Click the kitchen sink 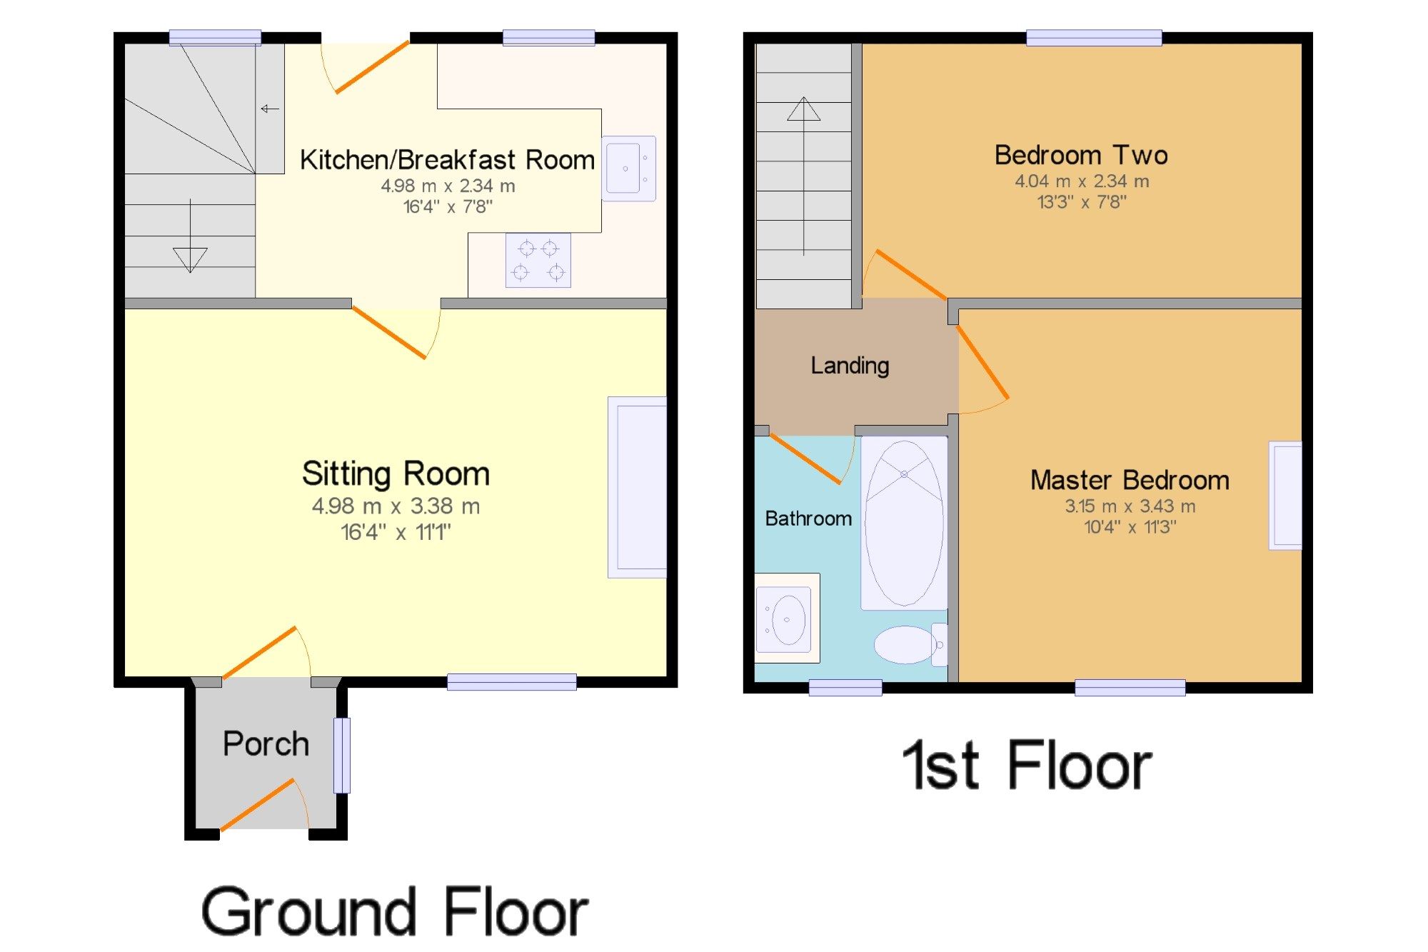coord(628,169)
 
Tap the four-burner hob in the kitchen coord(538,260)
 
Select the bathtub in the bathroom coord(904,523)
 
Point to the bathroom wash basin coord(787,618)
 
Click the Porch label coord(266,744)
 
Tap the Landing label coord(850,366)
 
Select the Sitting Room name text coord(396,474)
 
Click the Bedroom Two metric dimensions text coord(1082,181)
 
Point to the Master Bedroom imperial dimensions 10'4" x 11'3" coord(1130,527)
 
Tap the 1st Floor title coord(1027,765)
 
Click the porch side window coord(343,755)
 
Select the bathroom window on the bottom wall coord(845,687)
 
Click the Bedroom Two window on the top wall coord(1094,38)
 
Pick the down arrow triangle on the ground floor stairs coord(190,260)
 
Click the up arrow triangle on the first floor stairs coord(804,109)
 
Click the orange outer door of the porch coord(257,805)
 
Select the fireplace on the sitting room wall coord(637,487)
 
